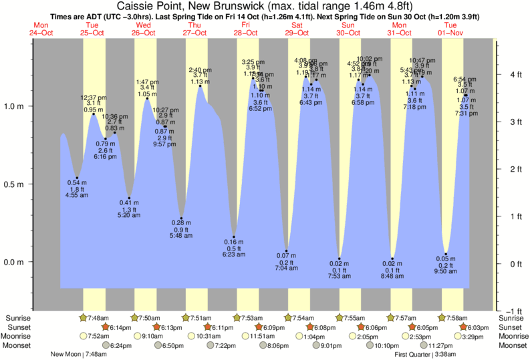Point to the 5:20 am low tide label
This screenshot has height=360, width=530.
[129, 216]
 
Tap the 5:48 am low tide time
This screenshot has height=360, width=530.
[180, 235]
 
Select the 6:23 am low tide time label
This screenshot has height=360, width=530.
[233, 254]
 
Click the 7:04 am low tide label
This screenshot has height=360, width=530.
[285, 268]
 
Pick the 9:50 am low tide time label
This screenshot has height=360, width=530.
[446, 272]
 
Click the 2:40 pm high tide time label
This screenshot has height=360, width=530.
[200, 69]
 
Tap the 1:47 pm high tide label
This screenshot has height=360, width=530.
[147, 81]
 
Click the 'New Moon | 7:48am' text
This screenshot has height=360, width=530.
[84, 354]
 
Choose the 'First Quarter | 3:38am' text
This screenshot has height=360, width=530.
[426, 354]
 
